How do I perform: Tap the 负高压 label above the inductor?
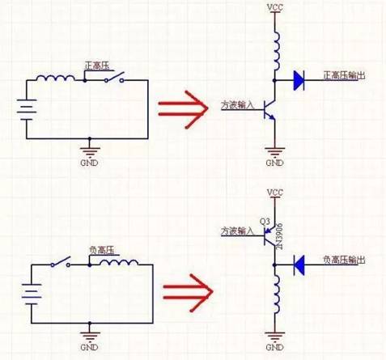(x=97, y=252)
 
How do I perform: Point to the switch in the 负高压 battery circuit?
(x=60, y=263)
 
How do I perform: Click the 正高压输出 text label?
(x=345, y=75)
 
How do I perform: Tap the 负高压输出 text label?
(x=345, y=260)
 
